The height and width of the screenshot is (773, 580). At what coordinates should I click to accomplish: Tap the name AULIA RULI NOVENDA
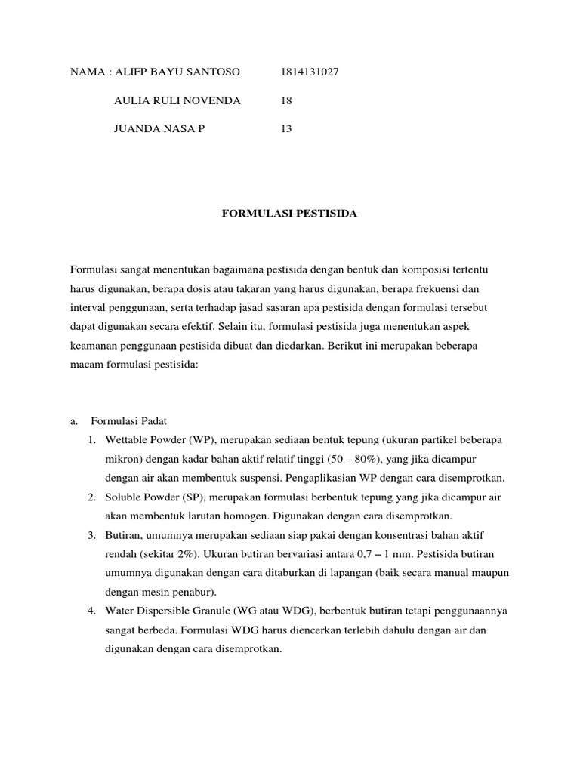(177, 100)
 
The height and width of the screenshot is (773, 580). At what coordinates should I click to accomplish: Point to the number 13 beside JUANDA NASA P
(286, 128)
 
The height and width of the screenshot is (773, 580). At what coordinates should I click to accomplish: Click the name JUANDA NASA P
(159, 128)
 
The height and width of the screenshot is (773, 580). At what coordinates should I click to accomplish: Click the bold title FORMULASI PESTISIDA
(288, 214)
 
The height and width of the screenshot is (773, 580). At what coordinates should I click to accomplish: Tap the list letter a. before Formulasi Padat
(74, 420)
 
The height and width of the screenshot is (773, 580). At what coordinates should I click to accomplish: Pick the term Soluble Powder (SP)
(147, 497)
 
